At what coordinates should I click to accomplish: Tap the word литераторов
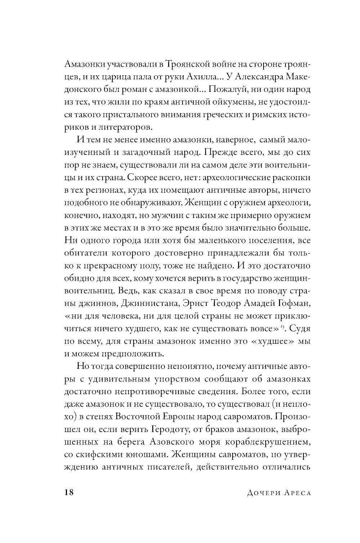(122, 127)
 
